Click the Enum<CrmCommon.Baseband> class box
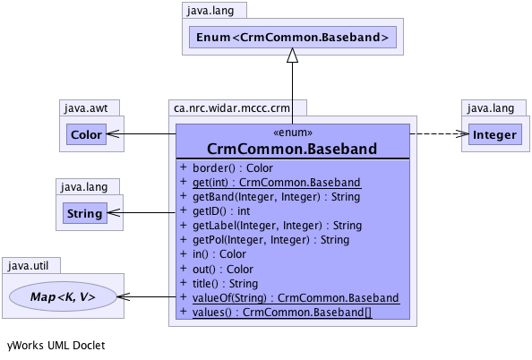tap(293, 37)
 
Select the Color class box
tap(86, 134)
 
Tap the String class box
tap(85, 213)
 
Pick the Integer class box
tap(494, 134)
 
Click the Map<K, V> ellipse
tap(63, 296)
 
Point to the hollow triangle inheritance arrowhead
tap(293, 55)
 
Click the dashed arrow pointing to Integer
tap(439, 133)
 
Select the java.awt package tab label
tap(86, 108)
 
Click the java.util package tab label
tap(28, 266)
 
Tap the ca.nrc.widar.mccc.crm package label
tap(232, 108)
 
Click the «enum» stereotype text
tap(293, 133)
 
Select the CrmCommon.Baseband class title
tap(292, 149)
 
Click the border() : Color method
tap(233, 168)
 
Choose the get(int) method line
tap(277, 183)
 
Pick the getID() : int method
tap(221, 211)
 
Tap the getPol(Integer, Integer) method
tap(270, 240)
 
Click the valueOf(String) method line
tap(296, 298)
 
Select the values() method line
tap(282, 313)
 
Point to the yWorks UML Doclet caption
tap(56, 346)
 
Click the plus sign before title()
tap(184, 283)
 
